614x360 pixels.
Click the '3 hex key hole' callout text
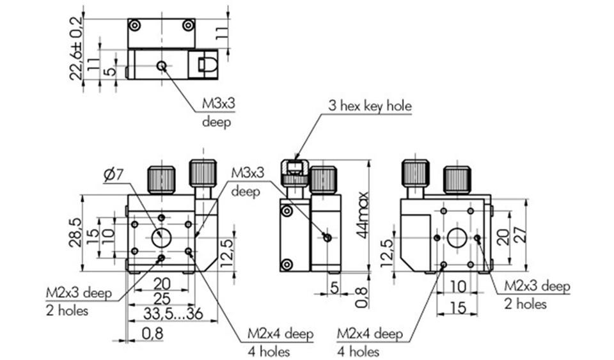370,106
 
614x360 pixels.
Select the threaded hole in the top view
161,66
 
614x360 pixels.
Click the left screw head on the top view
134,26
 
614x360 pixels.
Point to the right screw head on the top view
188,26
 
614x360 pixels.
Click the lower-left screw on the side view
287,263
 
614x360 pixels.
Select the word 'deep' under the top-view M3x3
216,121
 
